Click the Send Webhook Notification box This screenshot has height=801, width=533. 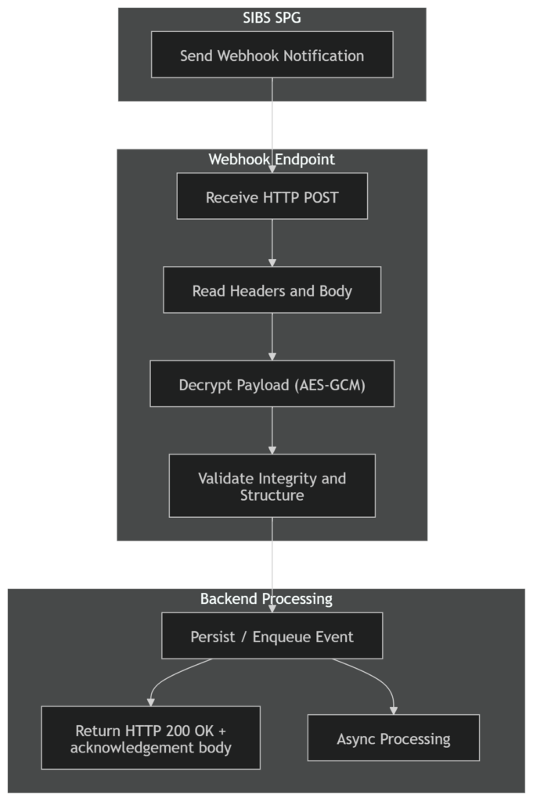tap(272, 56)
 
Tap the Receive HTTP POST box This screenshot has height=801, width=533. tap(272, 197)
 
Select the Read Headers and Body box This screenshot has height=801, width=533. tap(272, 291)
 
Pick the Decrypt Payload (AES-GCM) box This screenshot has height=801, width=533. tap(272, 385)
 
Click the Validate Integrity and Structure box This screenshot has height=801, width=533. tap(272, 486)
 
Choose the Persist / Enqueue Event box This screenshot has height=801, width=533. tap(272, 637)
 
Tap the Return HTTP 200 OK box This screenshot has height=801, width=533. tap(150, 738)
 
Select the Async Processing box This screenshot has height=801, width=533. tap(393, 738)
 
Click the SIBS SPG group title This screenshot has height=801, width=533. tap(272, 17)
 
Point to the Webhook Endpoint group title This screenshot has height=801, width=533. tap(272, 160)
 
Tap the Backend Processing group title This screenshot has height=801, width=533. tap(266, 599)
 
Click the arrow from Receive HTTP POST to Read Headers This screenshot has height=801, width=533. tap(272, 242)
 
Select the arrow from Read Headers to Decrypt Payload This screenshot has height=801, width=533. tap(272, 336)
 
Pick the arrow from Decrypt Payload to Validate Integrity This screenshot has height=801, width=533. tap(272, 430)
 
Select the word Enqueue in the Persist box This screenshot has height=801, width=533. tap(279, 637)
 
